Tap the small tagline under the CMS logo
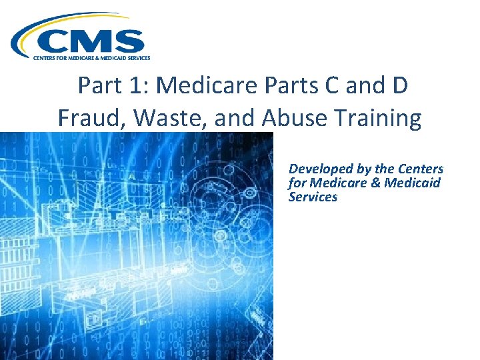(x=92, y=58)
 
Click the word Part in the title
(x=99, y=86)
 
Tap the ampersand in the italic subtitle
(x=373, y=183)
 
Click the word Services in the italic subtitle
(x=313, y=197)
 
